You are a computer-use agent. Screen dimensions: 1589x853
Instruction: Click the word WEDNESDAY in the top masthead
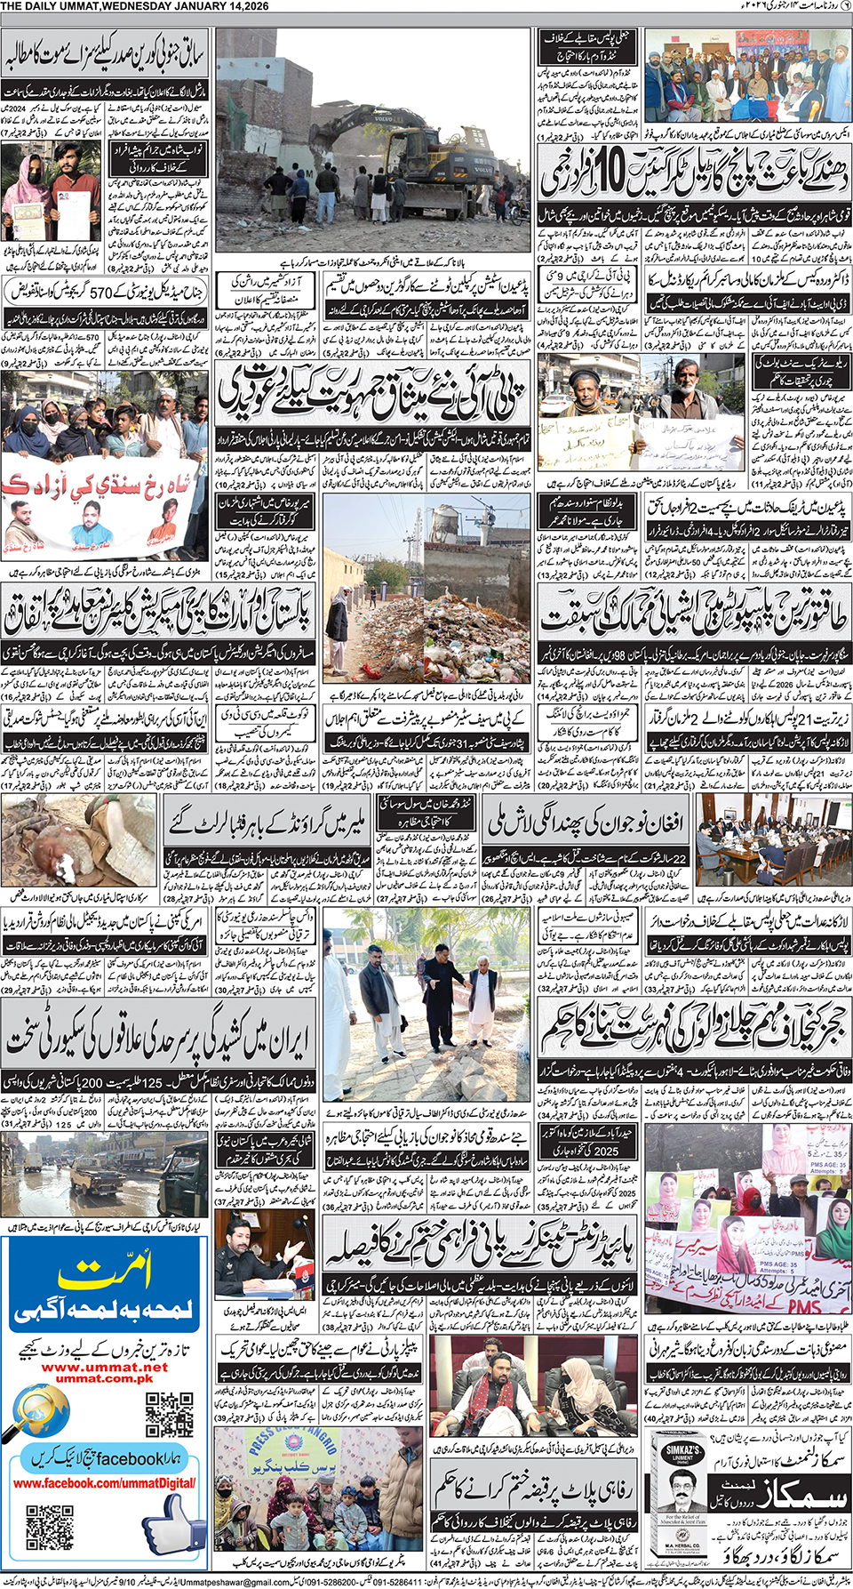pyautogui.click(x=134, y=6)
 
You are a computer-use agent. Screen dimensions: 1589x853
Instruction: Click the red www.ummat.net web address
pyautogui.click(x=104, y=1368)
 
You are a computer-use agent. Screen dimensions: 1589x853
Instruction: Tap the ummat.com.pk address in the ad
pyautogui.click(x=104, y=1379)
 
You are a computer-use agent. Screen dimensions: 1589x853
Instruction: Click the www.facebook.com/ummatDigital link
pyautogui.click(x=104, y=1483)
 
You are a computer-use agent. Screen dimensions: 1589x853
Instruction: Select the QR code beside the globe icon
pyautogui.click(x=169, y=1414)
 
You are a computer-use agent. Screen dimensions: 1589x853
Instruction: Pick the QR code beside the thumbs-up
pyautogui.click(x=50, y=1528)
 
